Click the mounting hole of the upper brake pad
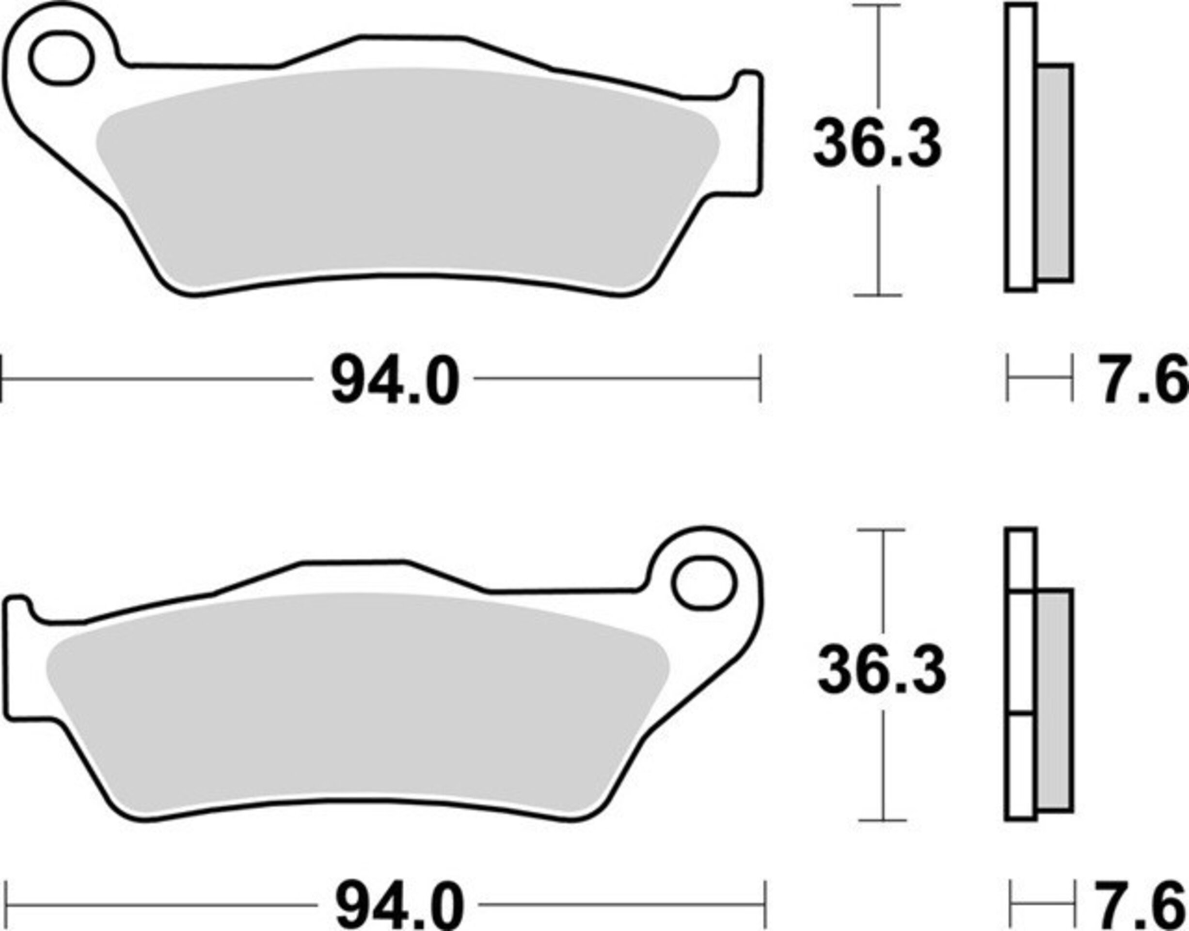coord(61,58)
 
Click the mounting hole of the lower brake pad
coord(703,583)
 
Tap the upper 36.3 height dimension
coord(877,145)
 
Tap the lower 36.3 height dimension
coord(882,671)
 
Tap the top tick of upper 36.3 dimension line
coord(876,5)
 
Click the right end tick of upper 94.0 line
coord(760,378)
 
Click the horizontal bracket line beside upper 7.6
coord(1040,377)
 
